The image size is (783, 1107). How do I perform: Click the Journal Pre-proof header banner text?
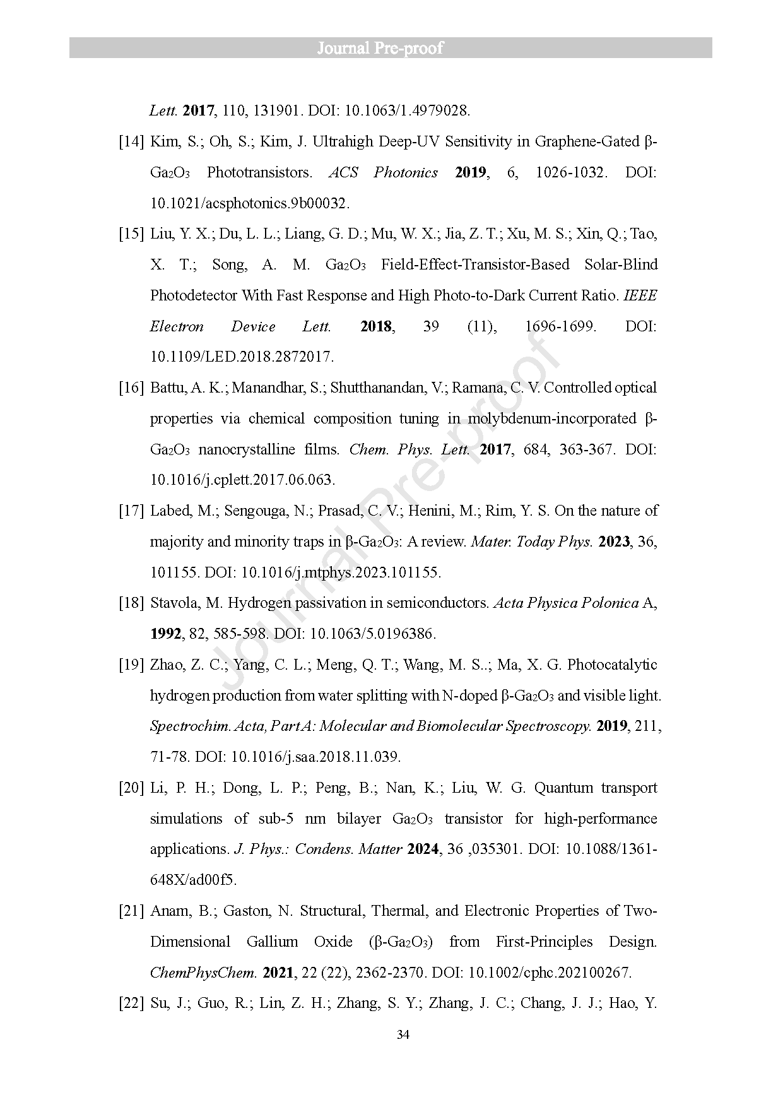(380, 48)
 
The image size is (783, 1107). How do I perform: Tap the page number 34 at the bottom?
(403, 1034)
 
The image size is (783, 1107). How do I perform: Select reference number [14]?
(132, 141)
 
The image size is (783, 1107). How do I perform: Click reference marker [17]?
(132, 511)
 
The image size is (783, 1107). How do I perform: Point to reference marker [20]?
(132, 788)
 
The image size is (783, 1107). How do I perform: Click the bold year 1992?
(166, 634)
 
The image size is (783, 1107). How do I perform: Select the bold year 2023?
(614, 542)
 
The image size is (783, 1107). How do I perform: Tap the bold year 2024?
(423, 849)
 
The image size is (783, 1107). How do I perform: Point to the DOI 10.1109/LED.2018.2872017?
(242, 357)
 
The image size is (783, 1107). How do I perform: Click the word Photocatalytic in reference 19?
(612, 665)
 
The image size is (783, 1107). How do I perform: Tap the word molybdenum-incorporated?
(552, 418)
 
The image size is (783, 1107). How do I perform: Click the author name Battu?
(168, 388)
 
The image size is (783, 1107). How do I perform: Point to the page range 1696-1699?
(560, 326)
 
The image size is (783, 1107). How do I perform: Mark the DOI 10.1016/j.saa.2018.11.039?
(315, 757)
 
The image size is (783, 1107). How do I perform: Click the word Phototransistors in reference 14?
(259, 172)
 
